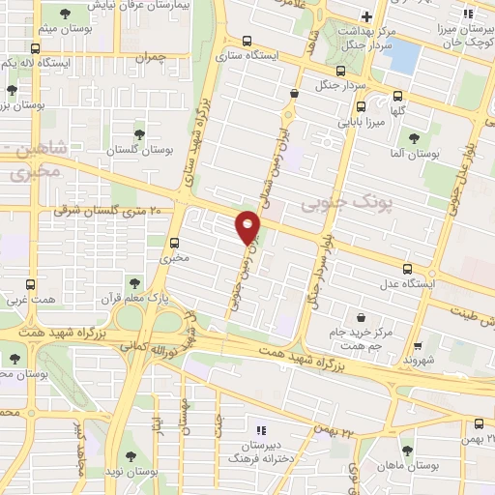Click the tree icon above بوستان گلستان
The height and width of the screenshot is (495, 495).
[x=140, y=133]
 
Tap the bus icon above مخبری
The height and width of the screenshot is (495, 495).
[x=175, y=244]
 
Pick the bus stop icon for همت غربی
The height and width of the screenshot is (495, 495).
[x=30, y=285]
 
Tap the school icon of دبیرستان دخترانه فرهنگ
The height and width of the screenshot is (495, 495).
[x=258, y=430]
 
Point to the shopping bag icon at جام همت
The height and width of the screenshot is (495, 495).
[x=361, y=317]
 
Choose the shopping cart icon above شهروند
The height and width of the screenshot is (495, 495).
[x=417, y=346]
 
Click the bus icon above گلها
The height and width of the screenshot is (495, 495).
[x=397, y=95]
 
